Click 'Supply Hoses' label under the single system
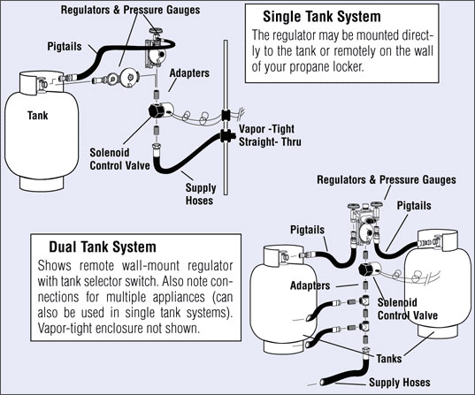[204, 194]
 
